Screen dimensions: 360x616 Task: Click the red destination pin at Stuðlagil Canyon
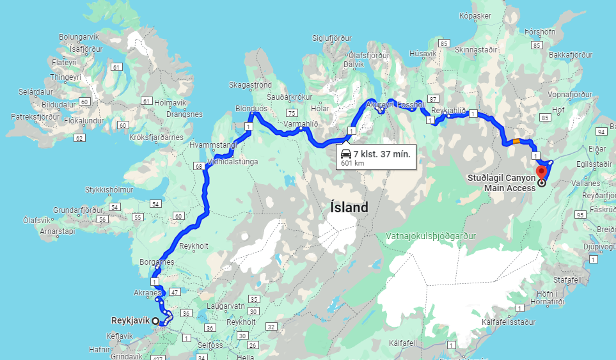[x=542, y=171]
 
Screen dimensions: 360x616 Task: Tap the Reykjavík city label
[x=130, y=320]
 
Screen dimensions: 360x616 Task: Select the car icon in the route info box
[x=345, y=153]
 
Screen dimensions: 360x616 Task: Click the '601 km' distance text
[x=352, y=163]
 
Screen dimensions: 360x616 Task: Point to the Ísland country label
[x=349, y=207]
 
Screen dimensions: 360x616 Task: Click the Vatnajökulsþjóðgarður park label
[x=431, y=236]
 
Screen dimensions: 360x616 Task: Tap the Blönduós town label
[x=251, y=109]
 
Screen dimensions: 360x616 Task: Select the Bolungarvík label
[x=80, y=37]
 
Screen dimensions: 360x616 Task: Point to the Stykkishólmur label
[x=109, y=190]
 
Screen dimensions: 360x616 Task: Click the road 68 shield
[x=199, y=166]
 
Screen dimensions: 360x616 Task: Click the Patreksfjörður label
[x=35, y=117]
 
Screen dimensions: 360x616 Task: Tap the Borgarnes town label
[x=157, y=262]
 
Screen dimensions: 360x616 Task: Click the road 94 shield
[x=601, y=132]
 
